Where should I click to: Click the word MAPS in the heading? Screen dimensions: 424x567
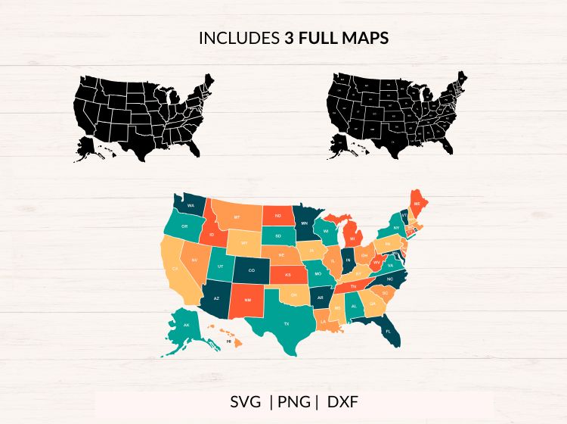(367, 38)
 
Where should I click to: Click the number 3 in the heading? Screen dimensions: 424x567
(289, 38)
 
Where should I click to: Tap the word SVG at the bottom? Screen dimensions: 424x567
(244, 401)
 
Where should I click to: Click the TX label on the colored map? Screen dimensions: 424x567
(287, 323)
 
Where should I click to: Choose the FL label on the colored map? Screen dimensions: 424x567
(388, 332)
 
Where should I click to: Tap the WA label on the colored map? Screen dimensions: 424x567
(191, 205)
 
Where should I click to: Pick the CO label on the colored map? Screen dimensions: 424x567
(252, 270)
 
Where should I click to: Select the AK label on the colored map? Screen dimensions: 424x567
(186, 325)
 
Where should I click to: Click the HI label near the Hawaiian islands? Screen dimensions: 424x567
(228, 342)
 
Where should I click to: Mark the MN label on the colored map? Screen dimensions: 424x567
(304, 223)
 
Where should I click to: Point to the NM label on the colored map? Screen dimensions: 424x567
(247, 300)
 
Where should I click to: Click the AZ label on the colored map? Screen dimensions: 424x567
(216, 298)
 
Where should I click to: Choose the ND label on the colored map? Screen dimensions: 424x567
(277, 216)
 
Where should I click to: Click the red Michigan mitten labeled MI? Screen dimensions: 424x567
(352, 235)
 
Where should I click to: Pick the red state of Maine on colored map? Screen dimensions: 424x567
(417, 204)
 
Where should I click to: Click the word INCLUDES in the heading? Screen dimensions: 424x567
(239, 38)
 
